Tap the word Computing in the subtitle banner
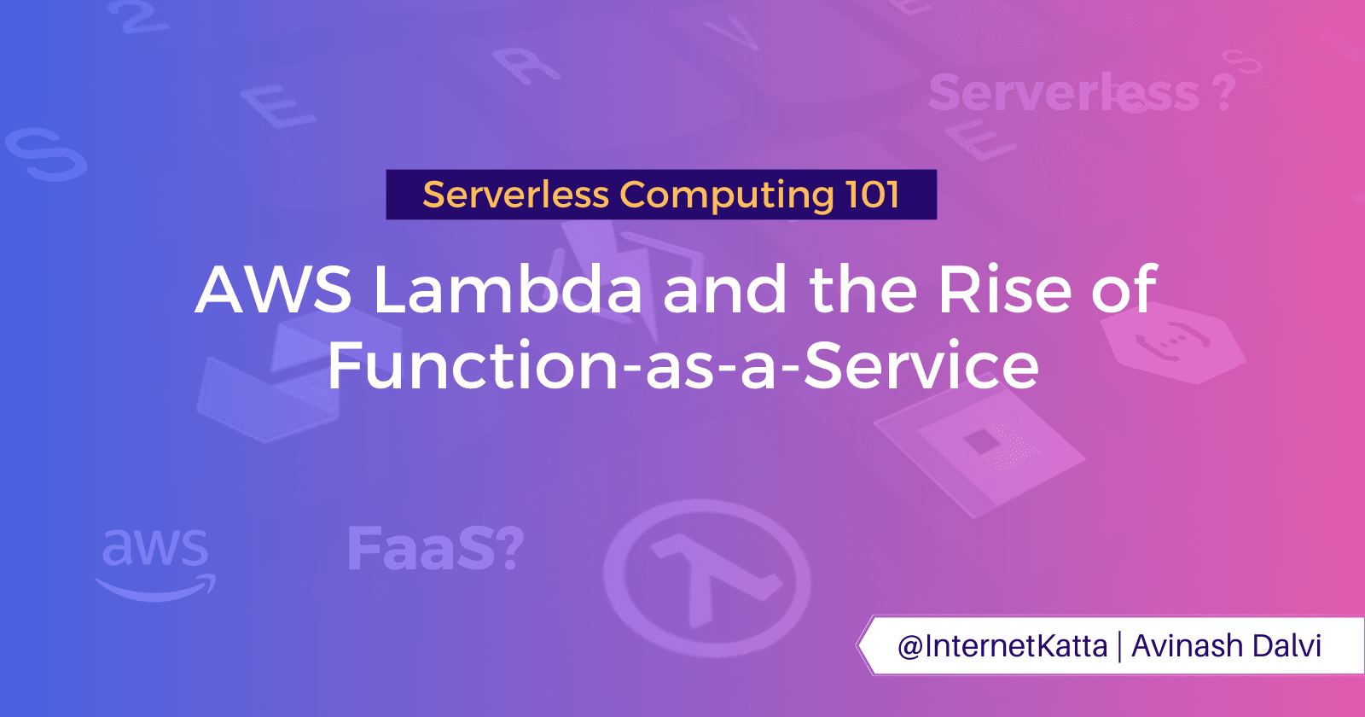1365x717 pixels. coord(726,195)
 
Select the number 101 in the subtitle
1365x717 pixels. coord(873,195)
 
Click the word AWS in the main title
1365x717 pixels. coord(273,290)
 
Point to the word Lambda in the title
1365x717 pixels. coord(508,290)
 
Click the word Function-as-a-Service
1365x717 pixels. coord(682,365)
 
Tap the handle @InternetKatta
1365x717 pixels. coord(1002,646)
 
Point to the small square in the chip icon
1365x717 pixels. coord(981,441)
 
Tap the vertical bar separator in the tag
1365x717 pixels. coord(1119,646)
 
